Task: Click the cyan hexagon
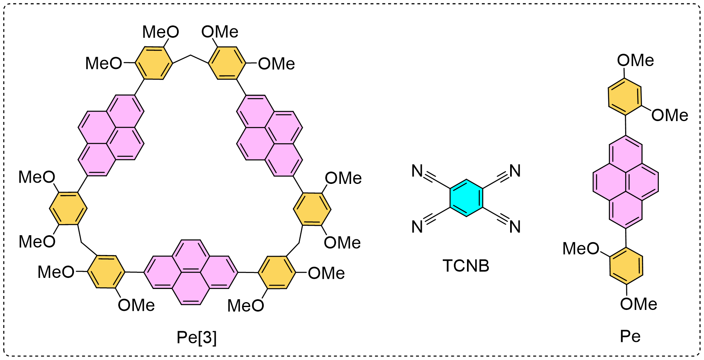(466, 198)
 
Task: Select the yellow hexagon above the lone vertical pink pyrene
(625, 97)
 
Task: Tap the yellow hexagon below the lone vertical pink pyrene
(626, 266)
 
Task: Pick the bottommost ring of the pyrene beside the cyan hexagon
(626, 209)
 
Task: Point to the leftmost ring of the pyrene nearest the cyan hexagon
(610, 182)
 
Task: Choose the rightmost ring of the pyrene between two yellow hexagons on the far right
(642, 182)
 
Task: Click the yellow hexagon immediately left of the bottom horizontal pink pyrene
(106, 272)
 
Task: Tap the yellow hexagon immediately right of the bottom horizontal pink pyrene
(277, 272)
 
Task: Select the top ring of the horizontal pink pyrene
(191, 256)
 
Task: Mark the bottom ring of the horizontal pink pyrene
(191, 288)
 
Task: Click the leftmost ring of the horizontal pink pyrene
(163, 272)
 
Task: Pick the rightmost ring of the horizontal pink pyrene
(219, 272)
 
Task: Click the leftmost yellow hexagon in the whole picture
(68, 209)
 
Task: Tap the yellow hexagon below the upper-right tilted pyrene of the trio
(312, 209)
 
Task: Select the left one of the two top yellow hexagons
(154, 63)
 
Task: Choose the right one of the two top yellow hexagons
(227, 63)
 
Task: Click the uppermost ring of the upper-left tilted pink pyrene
(125, 111)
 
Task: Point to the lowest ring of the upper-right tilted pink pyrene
(283, 159)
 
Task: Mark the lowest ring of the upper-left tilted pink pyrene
(97, 159)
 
